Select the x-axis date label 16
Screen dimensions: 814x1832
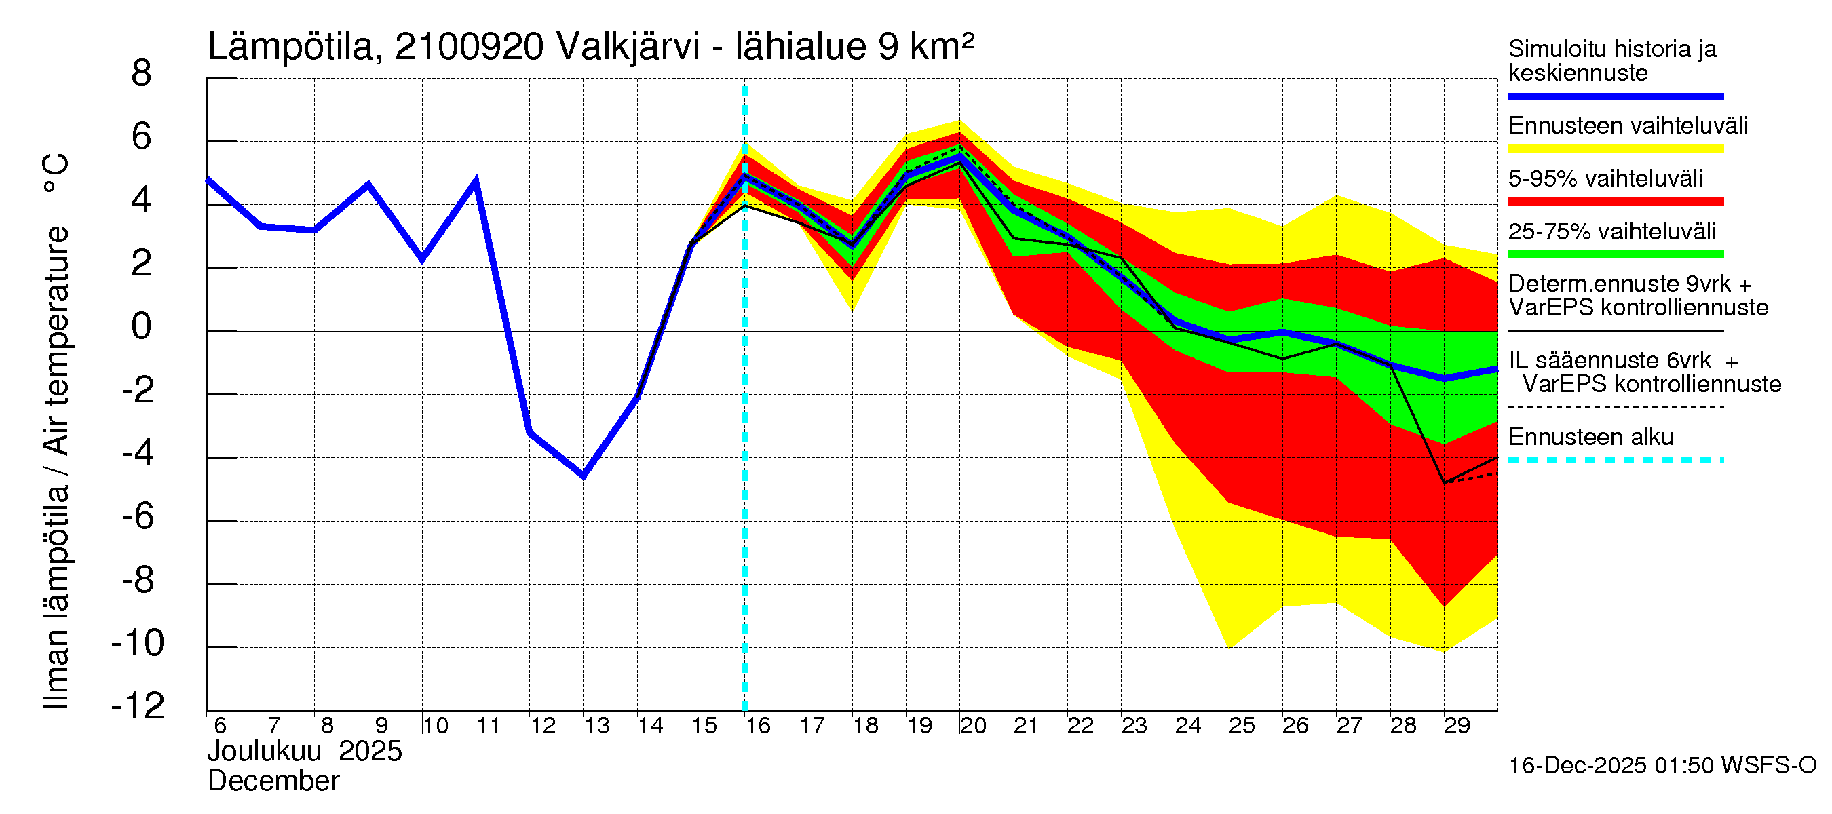(757, 726)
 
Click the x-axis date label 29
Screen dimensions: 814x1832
(1456, 726)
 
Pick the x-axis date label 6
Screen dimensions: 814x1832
(220, 726)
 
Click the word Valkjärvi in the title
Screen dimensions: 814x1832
(628, 47)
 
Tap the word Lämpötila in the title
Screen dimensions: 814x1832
(290, 47)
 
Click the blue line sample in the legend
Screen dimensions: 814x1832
(1615, 96)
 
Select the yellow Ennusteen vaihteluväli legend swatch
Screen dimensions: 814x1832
(1615, 149)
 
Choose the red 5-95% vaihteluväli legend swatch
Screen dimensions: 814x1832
(1615, 202)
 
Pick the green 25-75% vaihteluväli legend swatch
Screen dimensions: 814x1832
(1615, 254)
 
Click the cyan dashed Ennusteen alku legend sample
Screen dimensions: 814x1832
(1615, 460)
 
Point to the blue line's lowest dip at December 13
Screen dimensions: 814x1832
(583, 476)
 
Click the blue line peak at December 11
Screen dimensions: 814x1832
(476, 181)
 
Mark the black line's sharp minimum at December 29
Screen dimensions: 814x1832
(1444, 483)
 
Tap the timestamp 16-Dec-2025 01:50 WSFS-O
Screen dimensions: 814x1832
(1662, 766)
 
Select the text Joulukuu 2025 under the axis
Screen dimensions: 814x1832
(305, 752)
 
